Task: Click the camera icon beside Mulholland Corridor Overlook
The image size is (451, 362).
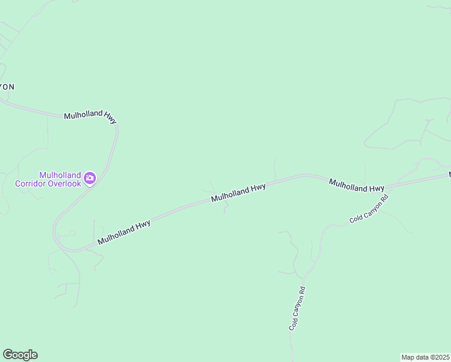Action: point(90,177)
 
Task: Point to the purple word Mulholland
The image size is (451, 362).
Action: point(60,175)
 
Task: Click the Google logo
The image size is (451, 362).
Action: point(20,355)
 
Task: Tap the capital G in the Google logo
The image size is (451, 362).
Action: point(8,354)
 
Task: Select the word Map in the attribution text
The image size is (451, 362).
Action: point(408,357)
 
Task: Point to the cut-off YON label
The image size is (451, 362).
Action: point(7,87)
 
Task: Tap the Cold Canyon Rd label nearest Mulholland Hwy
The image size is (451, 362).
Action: point(369,209)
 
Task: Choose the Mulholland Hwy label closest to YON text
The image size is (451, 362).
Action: point(90,115)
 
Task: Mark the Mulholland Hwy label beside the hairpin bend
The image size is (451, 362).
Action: point(124,232)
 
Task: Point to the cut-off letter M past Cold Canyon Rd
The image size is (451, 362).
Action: point(449,174)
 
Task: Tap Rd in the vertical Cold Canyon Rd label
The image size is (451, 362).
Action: point(302,290)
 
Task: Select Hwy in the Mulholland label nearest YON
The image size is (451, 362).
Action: point(110,116)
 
